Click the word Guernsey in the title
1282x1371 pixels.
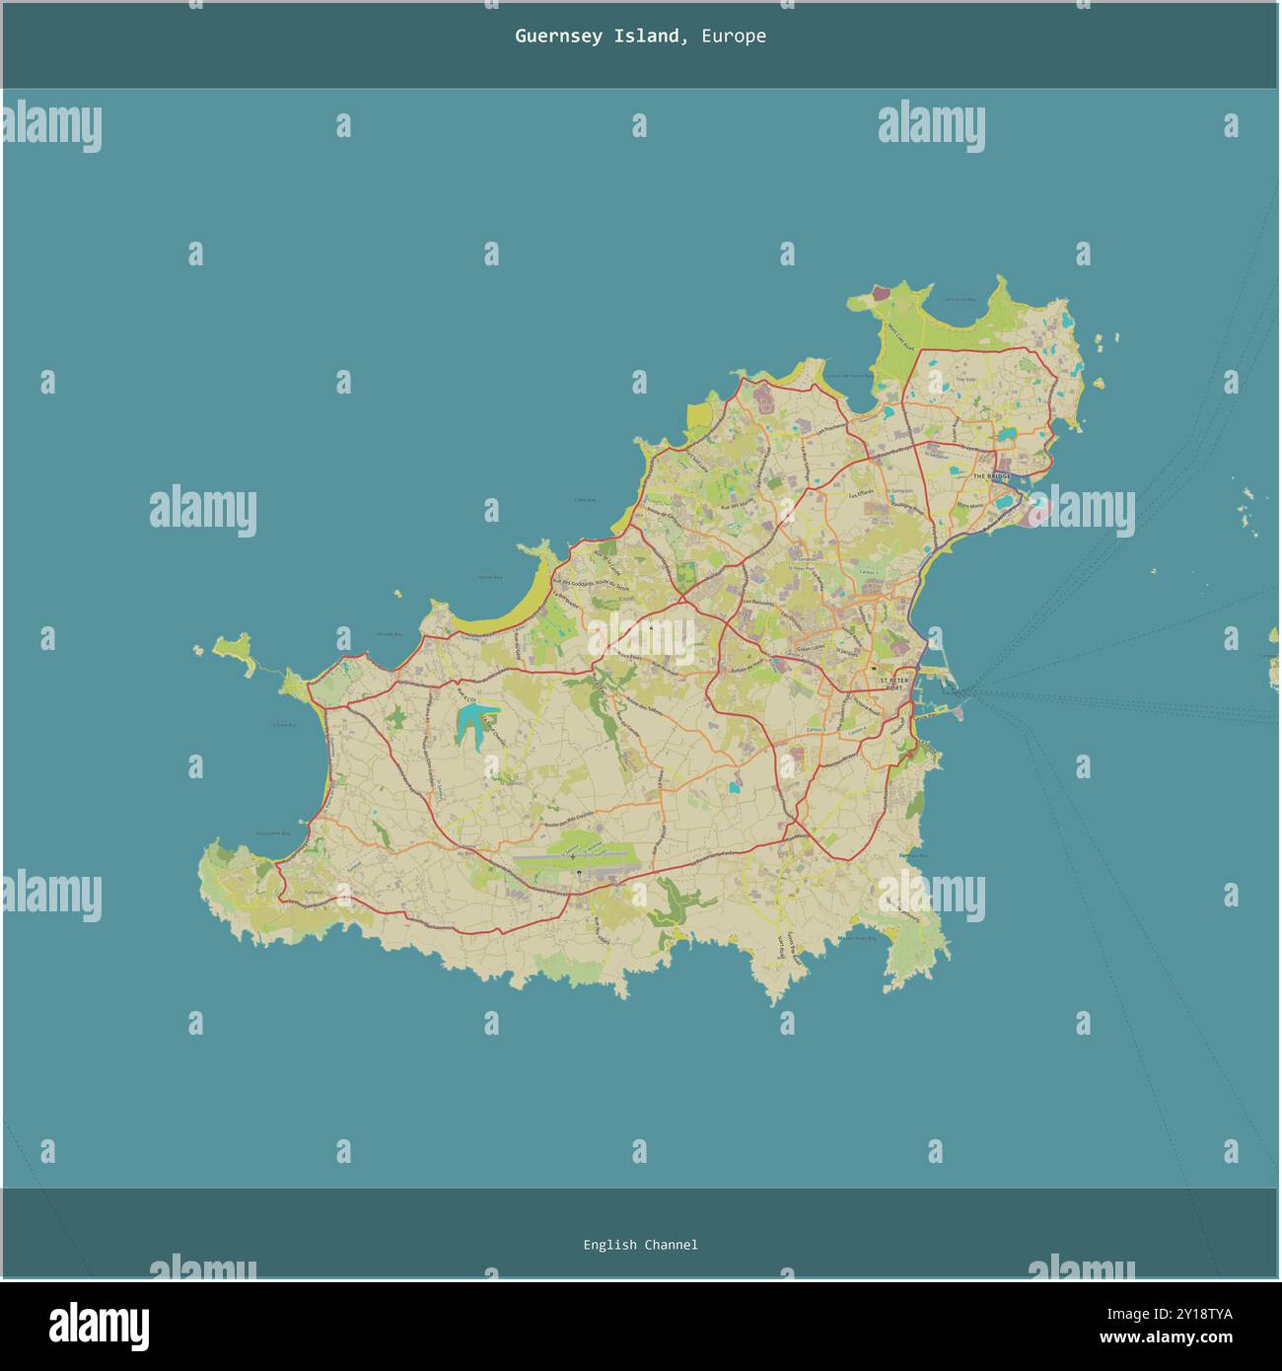click(557, 36)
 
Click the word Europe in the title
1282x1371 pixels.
click(734, 36)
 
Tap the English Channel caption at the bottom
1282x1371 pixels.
click(640, 1245)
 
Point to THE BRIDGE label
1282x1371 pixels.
click(992, 476)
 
